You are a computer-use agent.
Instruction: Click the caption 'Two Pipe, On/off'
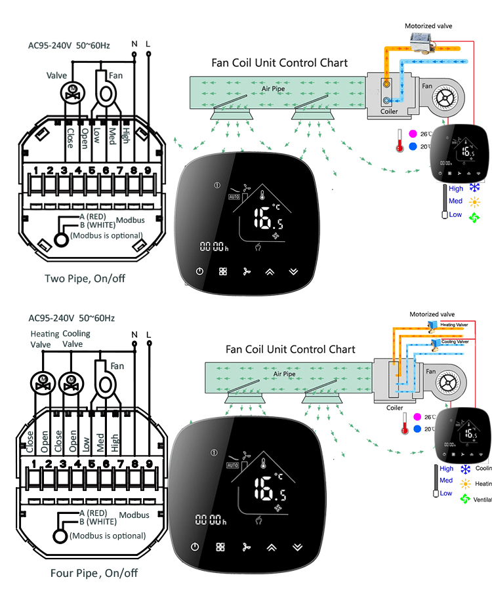(85, 279)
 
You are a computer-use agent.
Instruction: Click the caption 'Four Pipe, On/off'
(94, 573)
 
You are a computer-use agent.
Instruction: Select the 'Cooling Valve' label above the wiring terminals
(77, 339)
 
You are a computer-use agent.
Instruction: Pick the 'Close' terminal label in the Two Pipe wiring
(70, 137)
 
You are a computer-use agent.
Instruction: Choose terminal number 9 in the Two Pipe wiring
(148, 172)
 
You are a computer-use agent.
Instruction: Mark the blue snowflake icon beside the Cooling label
(465, 469)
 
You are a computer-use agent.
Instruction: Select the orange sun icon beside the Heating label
(465, 484)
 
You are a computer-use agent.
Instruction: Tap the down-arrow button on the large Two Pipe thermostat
(293, 271)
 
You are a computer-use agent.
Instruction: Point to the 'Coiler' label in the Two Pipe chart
(390, 111)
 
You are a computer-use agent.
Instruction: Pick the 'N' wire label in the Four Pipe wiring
(134, 336)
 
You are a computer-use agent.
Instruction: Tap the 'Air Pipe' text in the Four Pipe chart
(283, 374)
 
